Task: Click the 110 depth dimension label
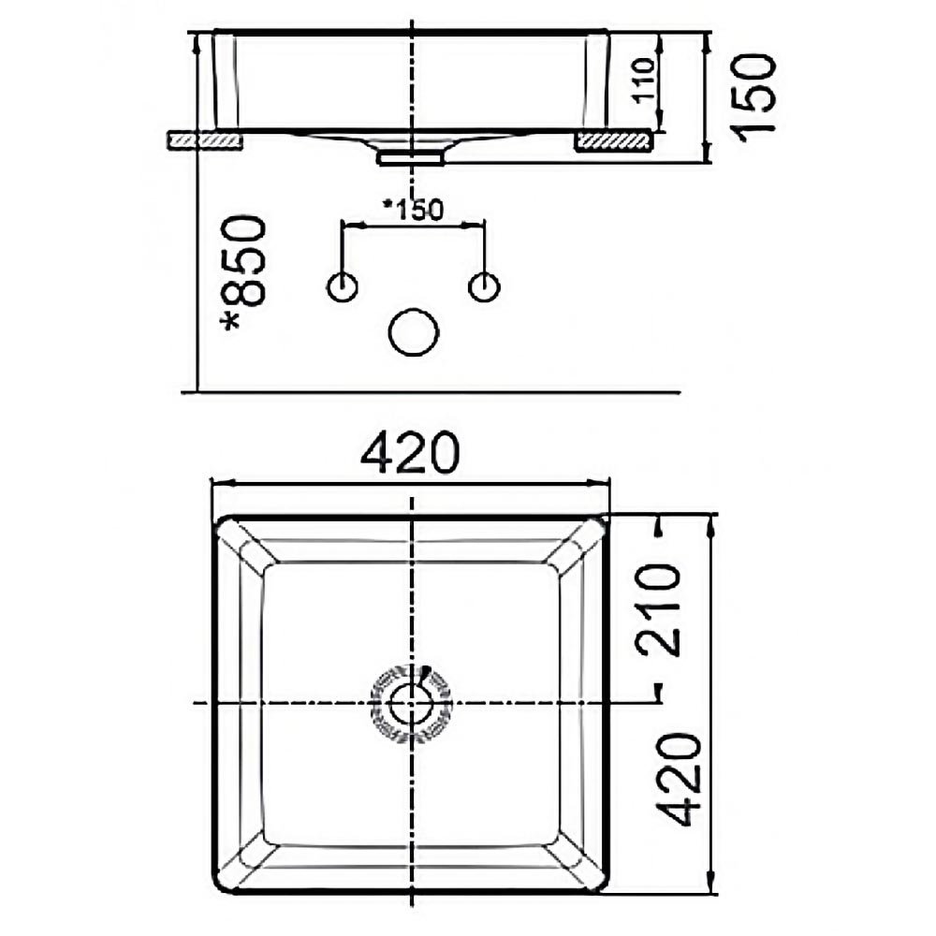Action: (645, 80)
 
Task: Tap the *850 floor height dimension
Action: (243, 272)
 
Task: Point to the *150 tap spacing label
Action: (413, 209)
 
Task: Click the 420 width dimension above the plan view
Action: (411, 453)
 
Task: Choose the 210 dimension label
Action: (658, 609)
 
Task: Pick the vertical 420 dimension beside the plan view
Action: (678, 779)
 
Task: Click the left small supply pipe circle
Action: (343, 287)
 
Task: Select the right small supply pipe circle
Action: (484, 287)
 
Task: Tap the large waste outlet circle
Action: (413, 332)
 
